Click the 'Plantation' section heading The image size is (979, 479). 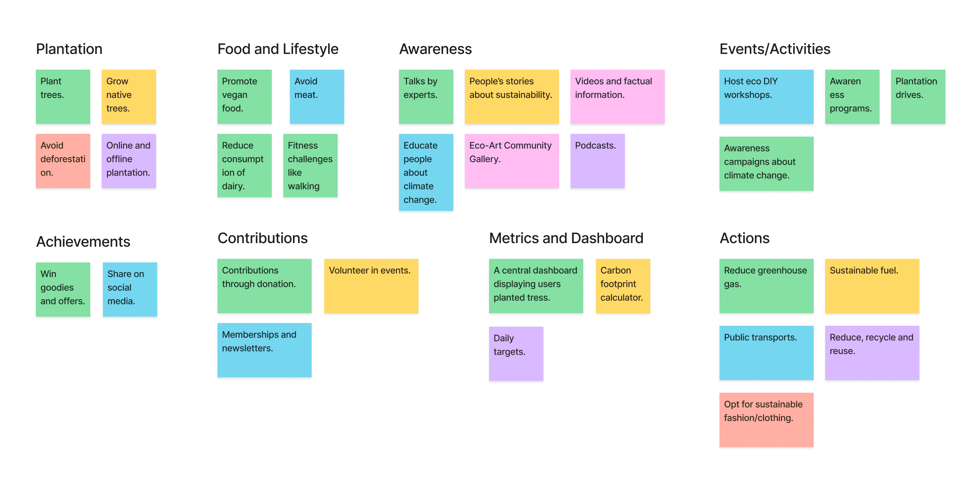coord(69,49)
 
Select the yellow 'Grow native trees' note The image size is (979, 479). coord(129,96)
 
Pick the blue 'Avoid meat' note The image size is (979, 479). coord(317,96)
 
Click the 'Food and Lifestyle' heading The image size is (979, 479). coord(278,49)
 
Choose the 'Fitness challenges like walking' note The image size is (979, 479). coord(310,165)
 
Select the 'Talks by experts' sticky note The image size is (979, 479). coord(426,96)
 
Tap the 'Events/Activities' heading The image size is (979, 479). coord(775,49)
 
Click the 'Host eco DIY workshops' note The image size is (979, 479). coord(767,96)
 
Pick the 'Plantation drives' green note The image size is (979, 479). coord(918,96)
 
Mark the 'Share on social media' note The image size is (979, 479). coord(130,290)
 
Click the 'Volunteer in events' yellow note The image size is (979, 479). coord(371,286)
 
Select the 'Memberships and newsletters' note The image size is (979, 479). coord(265,350)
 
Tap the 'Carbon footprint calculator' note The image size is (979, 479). coord(623,286)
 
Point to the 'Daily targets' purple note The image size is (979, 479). coord(516,354)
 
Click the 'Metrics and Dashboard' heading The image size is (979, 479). coord(566,238)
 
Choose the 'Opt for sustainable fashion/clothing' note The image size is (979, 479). coord(767,420)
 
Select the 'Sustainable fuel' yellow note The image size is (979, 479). coord(872,286)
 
